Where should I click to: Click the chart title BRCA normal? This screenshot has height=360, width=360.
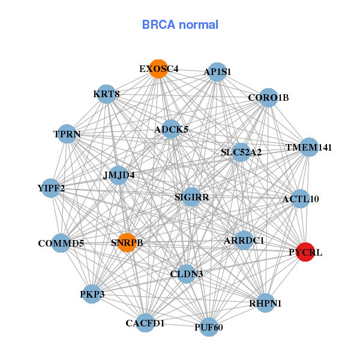(180, 25)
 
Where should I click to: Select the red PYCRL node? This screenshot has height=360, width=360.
(307, 252)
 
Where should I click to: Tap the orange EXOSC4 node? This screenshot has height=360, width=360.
(158, 69)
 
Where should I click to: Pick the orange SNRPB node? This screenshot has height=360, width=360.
(127, 242)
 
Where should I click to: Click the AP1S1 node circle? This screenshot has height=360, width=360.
(217, 72)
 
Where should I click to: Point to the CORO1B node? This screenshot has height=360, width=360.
(268, 97)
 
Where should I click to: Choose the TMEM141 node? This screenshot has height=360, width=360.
(308, 147)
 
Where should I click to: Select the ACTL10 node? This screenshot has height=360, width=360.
(300, 199)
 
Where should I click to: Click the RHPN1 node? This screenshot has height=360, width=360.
(265, 303)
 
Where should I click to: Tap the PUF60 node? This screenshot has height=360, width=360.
(208, 327)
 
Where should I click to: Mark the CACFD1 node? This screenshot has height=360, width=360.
(145, 323)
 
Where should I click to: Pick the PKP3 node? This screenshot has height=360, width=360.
(92, 294)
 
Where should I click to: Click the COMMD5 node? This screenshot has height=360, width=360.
(61, 243)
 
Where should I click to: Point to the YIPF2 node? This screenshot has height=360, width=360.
(51, 188)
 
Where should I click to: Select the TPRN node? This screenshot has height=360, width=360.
(67, 134)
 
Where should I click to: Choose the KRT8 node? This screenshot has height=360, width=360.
(106, 94)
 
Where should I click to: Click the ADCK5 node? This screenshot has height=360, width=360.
(171, 129)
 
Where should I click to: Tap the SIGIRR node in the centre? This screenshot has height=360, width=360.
(191, 196)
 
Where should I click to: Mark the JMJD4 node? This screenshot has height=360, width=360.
(119, 175)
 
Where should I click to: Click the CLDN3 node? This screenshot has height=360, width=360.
(187, 274)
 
